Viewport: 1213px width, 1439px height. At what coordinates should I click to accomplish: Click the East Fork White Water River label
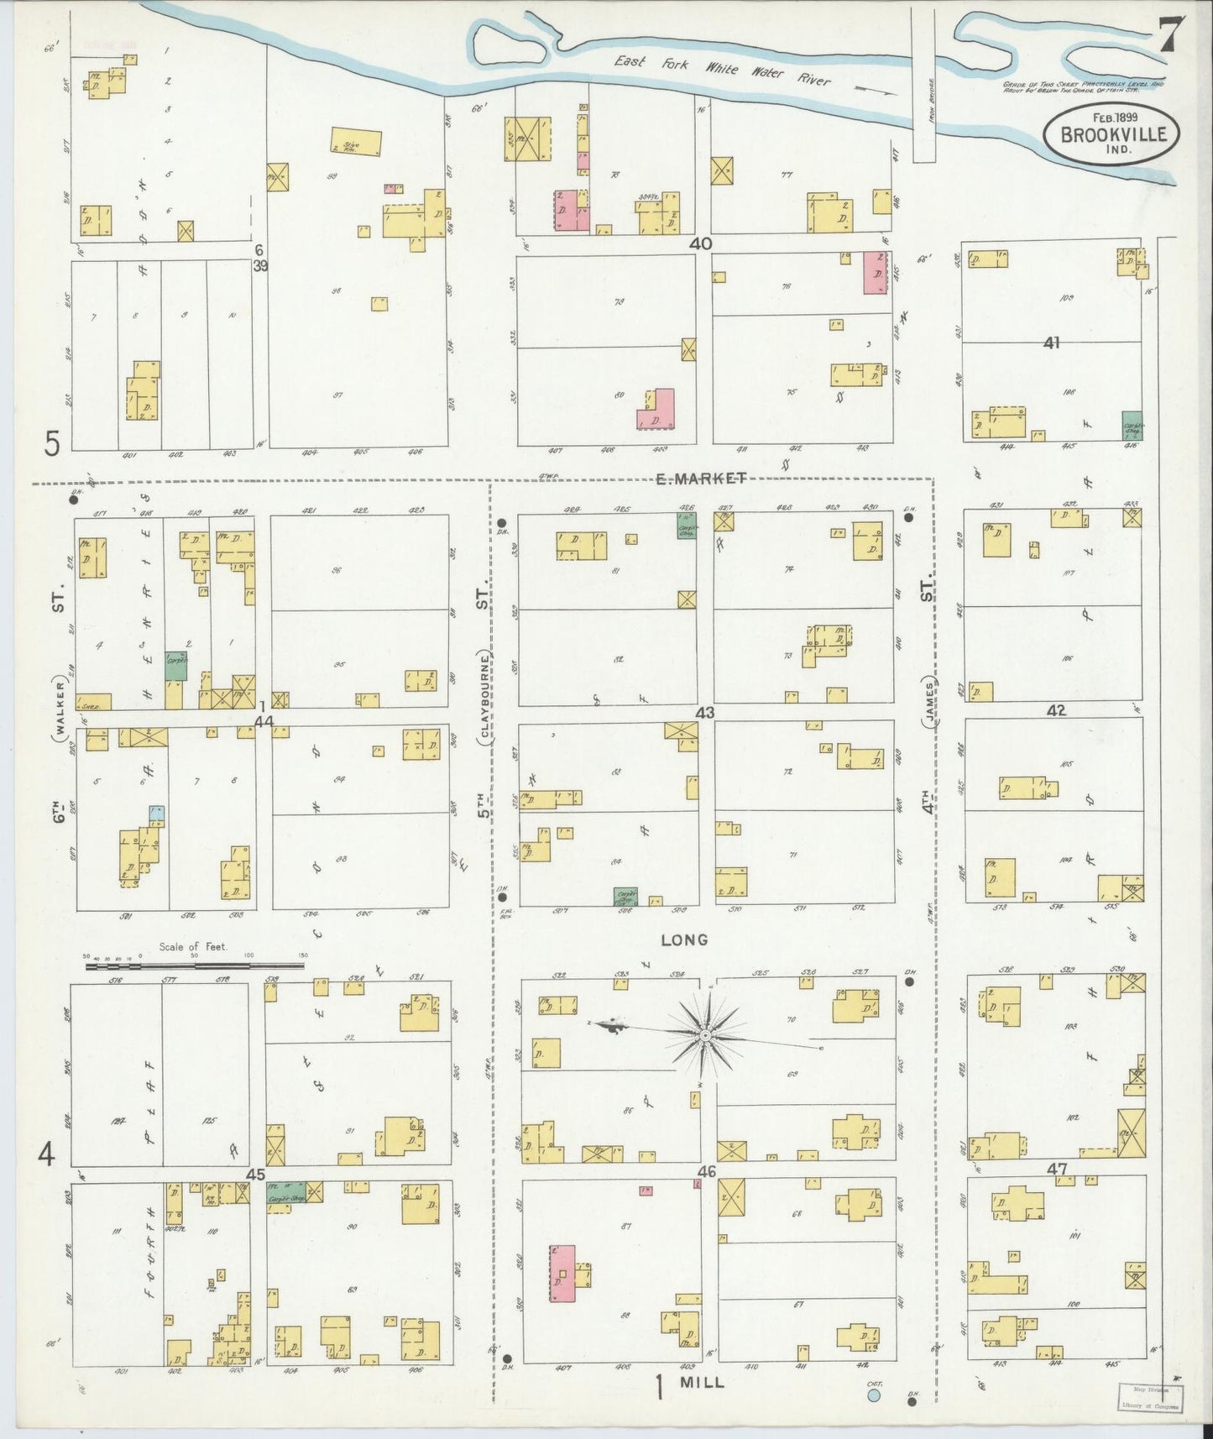click(x=722, y=71)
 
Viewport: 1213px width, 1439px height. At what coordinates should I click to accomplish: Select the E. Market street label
click(x=700, y=479)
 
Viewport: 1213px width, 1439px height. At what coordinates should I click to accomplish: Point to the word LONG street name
click(x=684, y=939)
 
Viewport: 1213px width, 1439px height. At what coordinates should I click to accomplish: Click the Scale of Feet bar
click(x=196, y=966)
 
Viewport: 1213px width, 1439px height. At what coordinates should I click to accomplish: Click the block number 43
click(x=704, y=713)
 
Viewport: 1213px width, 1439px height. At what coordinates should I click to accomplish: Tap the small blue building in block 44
click(x=156, y=813)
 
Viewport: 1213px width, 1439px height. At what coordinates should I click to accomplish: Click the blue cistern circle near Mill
click(x=874, y=1395)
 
